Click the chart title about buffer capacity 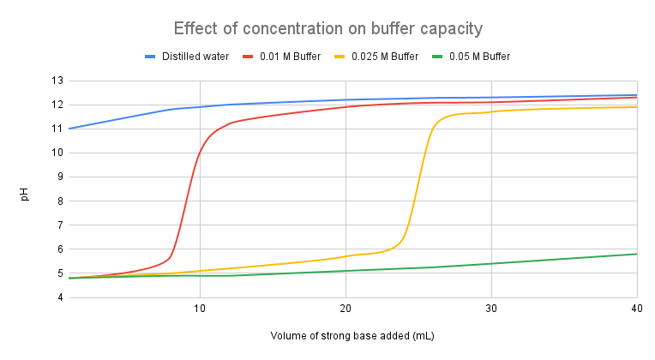(x=327, y=28)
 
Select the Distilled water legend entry (x=188, y=57)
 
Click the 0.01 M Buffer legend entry (x=287, y=57)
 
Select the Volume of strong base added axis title (x=352, y=336)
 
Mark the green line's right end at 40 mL (x=635, y=254)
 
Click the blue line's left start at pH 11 (x=69, y=129)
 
